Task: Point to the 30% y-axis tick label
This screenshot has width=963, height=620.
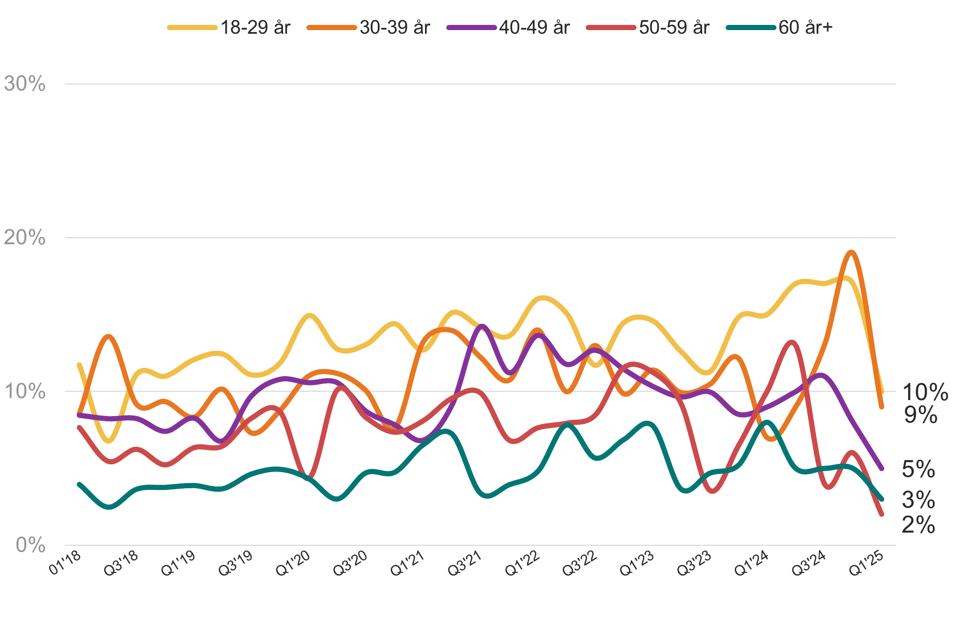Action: click(x=25, y=84)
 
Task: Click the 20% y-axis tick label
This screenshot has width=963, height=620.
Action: click(x=25, y=238)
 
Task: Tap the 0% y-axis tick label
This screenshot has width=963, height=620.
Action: click(x=31, y=545)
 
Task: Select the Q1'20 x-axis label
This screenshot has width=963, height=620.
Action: click(x=293, y=563)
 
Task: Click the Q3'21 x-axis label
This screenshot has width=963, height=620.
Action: click(x=465, y=563)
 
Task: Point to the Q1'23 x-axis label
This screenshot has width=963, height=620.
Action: click(x=637, y=563)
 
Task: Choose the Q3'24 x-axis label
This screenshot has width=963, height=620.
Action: click(x=809, y=563)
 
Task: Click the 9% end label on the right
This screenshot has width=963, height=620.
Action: click(x=920, y=415)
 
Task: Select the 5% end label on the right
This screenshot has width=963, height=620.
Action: click(x=918, y=469)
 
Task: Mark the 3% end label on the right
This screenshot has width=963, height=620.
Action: click(x=918, y=500)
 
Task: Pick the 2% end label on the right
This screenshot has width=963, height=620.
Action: click(x=918, y=525)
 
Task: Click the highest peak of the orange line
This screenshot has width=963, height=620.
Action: click(x=851, y=252)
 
